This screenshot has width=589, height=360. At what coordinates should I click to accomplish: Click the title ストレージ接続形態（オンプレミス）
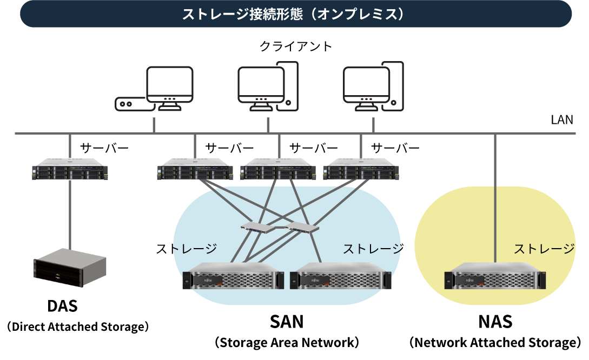295,14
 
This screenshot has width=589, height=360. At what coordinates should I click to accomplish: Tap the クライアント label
295,46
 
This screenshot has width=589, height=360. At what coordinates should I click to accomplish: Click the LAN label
561,120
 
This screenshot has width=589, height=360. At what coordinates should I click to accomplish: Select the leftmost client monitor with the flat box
155,89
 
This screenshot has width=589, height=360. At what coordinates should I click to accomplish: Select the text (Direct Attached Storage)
77,327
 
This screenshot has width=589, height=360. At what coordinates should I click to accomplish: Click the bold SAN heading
287,322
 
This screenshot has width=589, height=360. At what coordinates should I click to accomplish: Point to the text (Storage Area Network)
287,343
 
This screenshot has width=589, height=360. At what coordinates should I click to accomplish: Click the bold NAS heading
495,322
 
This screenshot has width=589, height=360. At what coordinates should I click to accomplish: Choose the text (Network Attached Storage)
495,343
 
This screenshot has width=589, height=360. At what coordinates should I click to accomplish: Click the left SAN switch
257,226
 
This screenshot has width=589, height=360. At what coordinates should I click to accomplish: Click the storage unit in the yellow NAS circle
495,278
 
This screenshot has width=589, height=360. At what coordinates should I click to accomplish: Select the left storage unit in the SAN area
234,278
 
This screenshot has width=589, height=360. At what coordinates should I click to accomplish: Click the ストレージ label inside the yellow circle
544,249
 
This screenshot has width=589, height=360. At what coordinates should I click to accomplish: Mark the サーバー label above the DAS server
104,148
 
